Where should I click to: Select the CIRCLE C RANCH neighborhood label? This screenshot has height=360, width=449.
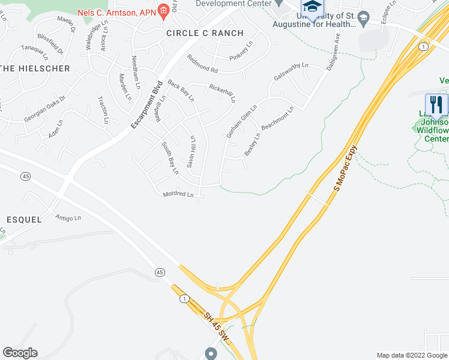(x=205, y=33)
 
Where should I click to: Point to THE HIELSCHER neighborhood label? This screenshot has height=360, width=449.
(x=35, y=68)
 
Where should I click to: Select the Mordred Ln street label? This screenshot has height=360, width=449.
(x=178, y=194)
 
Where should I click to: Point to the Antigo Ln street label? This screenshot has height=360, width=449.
(x=68, y=217)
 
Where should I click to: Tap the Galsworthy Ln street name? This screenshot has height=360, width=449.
(x=291, y=79)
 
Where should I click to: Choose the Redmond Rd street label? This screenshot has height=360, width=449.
(x=201, y=60)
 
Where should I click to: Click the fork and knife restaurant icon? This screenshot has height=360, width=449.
(x=436, y=104)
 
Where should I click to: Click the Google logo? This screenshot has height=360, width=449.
(x=20, y=353)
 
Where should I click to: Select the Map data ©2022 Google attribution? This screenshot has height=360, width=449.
(x=412, y=355)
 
